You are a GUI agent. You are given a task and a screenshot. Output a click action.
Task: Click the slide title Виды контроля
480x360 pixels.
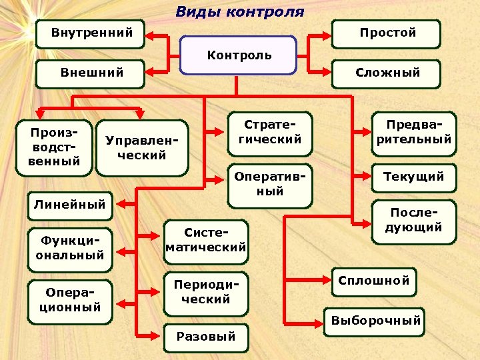pos(239,12)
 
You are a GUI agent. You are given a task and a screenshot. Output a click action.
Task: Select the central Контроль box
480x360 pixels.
pos(239,55)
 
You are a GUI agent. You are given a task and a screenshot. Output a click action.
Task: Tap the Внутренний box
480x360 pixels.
pos(91,33)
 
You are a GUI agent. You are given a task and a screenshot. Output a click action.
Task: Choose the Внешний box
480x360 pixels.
pos(91,73)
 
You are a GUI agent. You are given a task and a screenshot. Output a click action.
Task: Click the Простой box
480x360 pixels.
pos(387,33)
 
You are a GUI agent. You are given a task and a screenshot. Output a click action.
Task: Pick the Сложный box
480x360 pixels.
pos(387,73)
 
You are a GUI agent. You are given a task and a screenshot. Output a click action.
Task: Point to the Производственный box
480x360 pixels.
pos(55,147)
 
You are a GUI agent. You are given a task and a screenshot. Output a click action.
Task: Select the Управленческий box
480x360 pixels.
pos(141,147)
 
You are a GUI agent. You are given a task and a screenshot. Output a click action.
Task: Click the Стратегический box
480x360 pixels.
pos(269,133)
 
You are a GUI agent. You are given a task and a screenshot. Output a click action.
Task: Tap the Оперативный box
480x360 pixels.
pos(269,184)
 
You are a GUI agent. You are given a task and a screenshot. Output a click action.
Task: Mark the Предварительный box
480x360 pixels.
pos(413,133)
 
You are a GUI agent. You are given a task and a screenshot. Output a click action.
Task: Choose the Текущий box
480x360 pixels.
pos(413,177)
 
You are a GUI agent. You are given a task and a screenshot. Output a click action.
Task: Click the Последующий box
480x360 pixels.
pos(413,221)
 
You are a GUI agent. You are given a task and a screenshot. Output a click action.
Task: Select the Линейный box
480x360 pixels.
pos(69,205)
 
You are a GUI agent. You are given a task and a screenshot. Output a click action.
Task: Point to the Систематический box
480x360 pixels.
pos(206,240)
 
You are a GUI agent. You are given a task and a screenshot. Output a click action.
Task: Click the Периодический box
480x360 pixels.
pos(206,293)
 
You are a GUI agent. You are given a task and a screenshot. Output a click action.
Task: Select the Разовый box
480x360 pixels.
pos(206,337)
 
